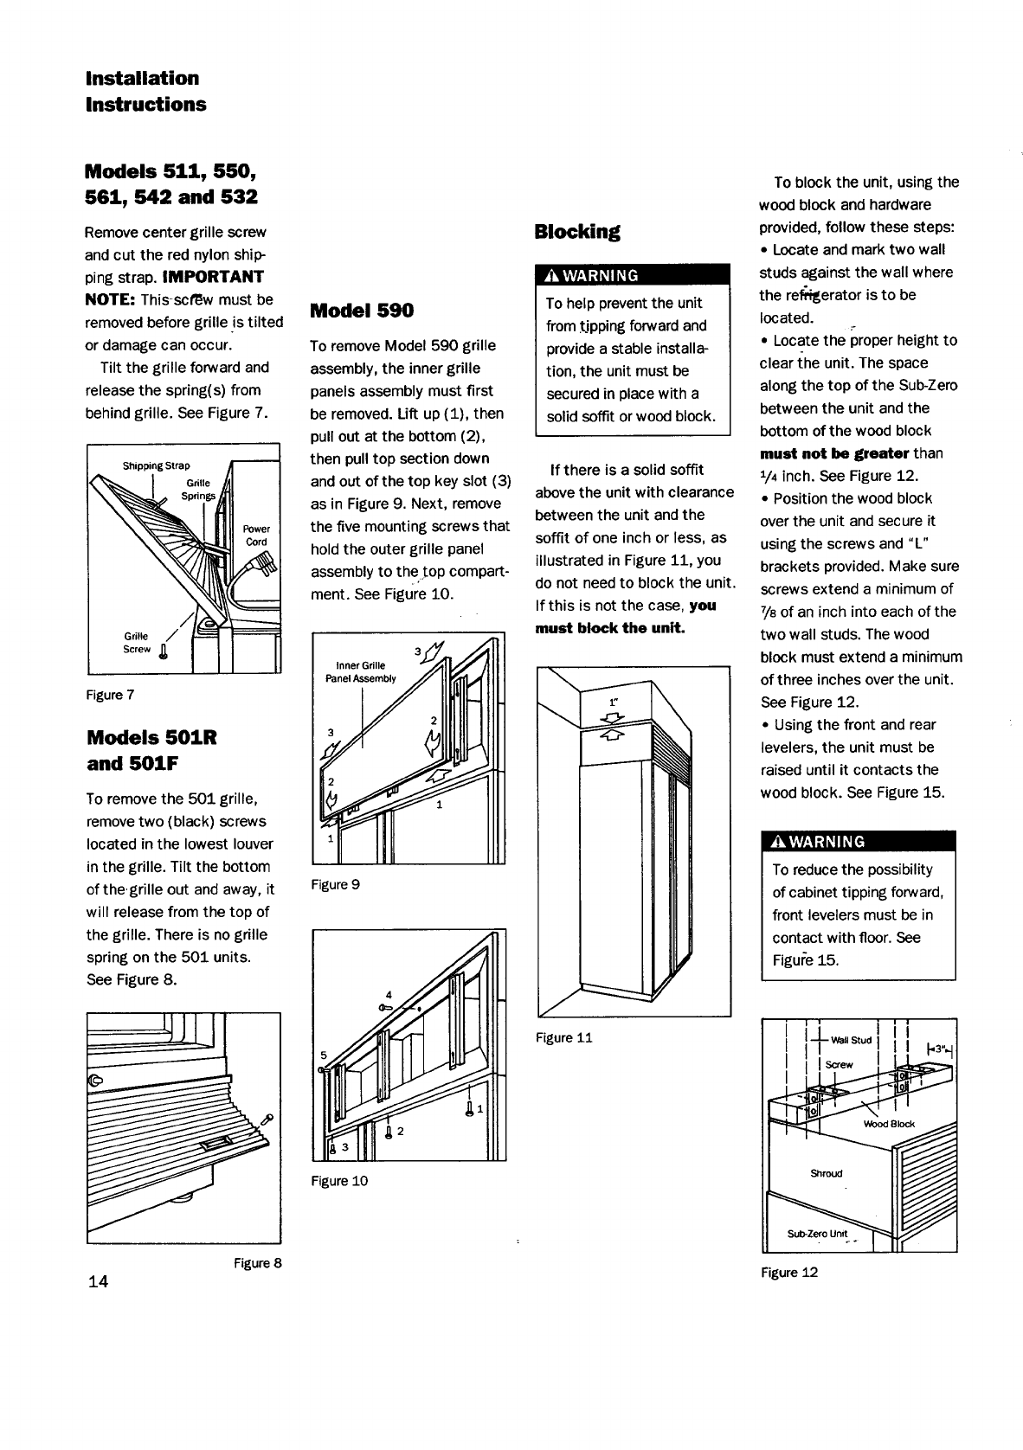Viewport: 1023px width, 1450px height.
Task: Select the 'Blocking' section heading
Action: click(577, 232)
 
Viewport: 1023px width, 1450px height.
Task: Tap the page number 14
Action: click(97, 1281)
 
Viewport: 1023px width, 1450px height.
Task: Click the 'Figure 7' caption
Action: click(109, 695)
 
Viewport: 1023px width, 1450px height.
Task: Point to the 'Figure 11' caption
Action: click(563, 1037)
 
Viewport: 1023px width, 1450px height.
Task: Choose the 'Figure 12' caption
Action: click(789, 1272)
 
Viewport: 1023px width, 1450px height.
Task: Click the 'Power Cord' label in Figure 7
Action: click(256, 535)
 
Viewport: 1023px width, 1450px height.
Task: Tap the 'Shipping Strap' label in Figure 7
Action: click(156, 465)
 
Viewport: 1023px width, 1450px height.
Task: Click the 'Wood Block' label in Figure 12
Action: click(889, 1124)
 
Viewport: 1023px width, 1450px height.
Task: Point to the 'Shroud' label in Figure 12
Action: click(826, 1173)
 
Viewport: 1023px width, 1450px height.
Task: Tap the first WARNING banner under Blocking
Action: click(633, 276)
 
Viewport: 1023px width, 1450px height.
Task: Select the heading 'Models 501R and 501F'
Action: click(151, 751)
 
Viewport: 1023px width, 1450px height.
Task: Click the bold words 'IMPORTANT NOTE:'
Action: click(173, 288)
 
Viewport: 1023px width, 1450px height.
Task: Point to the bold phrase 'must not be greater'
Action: click(833, 453)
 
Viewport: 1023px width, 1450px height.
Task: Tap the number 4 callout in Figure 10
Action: click(389, 994)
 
